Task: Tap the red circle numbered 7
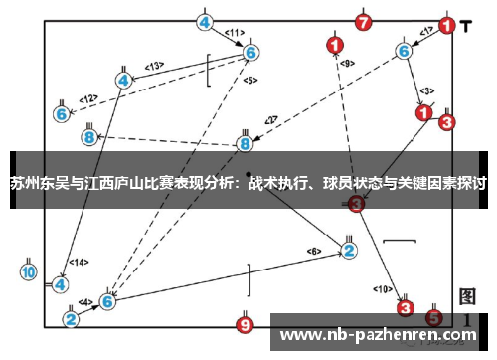(363, 21)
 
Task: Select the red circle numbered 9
(246, 323)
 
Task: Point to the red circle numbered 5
(433, 318)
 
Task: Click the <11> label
(234, 33)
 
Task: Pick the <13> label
(153, 66)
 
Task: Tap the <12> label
(88, 98)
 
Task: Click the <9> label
(346, 64)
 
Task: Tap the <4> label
(85, 301)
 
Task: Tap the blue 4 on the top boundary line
(205, 22)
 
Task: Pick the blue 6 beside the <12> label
(63, 114)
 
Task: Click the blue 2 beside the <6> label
(349, 250)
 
